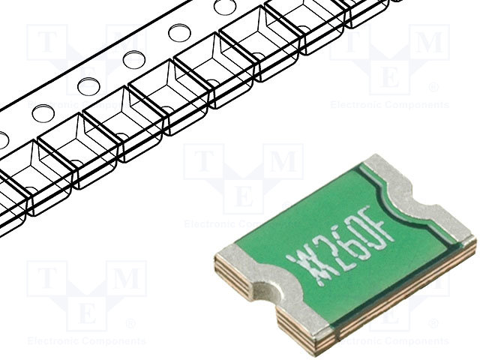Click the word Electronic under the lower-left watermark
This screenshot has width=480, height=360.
[x=50, y=340]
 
